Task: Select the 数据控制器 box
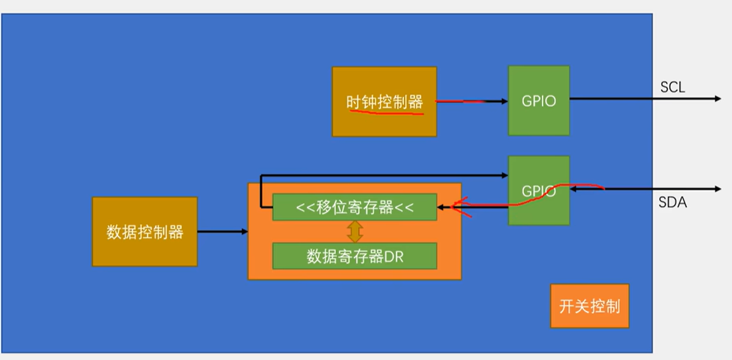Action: click(x=145, y=232)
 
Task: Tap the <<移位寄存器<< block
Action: click(x=354, y=207)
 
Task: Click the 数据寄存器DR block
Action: click(x=354, y=256)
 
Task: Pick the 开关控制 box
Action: click(x=590, y=306)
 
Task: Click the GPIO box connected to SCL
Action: click(x=539, y=101)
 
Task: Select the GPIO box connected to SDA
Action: click(x=539, y=191)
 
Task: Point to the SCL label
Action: click(x=672, y=87)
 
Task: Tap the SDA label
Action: click(x=672, y=202)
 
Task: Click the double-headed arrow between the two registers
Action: click(x=355, y=231)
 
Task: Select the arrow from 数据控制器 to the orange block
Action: click(x=222, y=232)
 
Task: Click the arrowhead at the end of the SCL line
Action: click(x=717, y=98)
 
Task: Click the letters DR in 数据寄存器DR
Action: click(x=394, y=257)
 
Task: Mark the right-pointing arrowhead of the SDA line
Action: click(x=717, y=189)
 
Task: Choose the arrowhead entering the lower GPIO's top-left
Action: click(x=504, y=175)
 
